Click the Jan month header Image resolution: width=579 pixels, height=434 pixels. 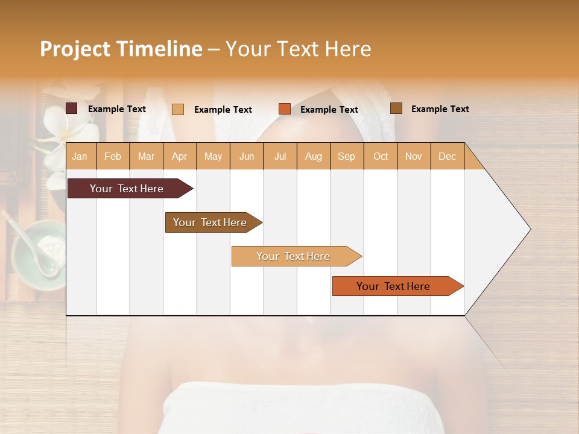[x=80, y=156]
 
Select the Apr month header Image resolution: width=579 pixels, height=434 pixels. [x=179, y=156]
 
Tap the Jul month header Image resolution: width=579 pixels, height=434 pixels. [x=280, y=156]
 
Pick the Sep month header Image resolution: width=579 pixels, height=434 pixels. [x=346, y=156]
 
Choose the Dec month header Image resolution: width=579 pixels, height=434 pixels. [x=447, y=156]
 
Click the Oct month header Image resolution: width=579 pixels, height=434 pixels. [x=381, y=156]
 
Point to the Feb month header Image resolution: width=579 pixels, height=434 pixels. [x=113, y=156]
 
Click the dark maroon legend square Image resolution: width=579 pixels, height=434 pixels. [x=72, y=108]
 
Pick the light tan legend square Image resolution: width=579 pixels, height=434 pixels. [x=178, y=109]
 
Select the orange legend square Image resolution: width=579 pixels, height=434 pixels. [x=285, y=109]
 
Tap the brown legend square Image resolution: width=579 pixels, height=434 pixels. [x=396, y=108]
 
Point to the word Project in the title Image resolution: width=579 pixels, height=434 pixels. [x=74, y=49]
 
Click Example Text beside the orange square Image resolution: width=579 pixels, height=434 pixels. [x=329, y=110]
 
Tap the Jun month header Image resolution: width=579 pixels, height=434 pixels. [x=247, y=156]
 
